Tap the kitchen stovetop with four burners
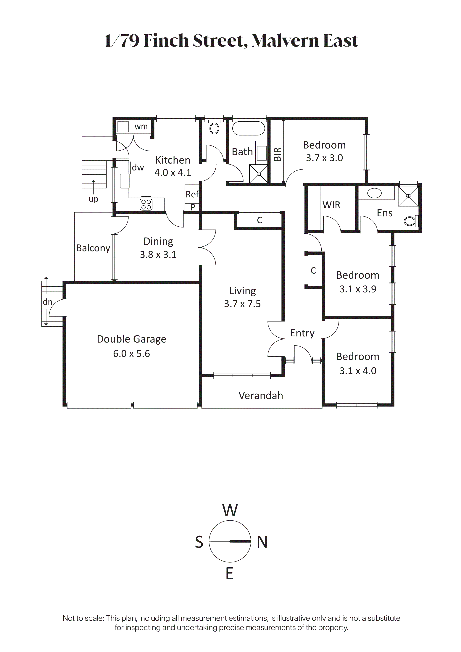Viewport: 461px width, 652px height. click(x=146, y=204)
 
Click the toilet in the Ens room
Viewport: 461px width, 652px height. click(x=411, y=221)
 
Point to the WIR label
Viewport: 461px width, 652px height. click(x=331, y=205)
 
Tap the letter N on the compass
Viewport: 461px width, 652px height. click(x=262, y=542)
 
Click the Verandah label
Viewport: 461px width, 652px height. click(x=261, y=396)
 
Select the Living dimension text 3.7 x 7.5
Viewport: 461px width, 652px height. click(x=242, y=304)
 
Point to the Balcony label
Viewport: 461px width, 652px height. click(x=93, y=248)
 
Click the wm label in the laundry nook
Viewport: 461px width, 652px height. click(x=141, y=127)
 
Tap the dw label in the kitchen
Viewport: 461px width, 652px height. click(x=138, y=167)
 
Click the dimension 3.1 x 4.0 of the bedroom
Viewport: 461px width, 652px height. click(x=358, y=371)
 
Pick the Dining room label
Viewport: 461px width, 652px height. click(x=158, y=241)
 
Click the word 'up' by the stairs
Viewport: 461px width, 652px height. click(x=94, y=199)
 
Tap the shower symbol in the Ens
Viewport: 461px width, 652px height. click(x=408, y=196)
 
